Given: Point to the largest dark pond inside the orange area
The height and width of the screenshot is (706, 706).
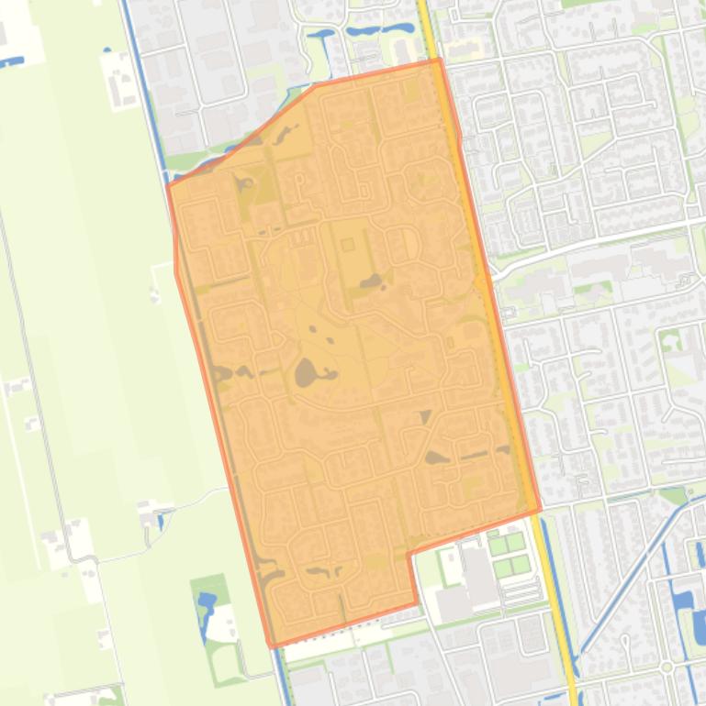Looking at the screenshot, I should (305, 371).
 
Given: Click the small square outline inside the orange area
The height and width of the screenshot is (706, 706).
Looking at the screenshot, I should (347, 244).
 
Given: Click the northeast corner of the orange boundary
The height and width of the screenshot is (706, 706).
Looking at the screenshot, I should (440, 61).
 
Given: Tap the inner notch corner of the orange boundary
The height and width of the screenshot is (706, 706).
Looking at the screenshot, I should (409, 554).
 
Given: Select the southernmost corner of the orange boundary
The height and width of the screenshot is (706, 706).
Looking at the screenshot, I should (271, 645).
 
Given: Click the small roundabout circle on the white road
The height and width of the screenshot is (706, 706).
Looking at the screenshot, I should (667, 667).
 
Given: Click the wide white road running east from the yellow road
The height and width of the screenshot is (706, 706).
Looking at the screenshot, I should (597, 241).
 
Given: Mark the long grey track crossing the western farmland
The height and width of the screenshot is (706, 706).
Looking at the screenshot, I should (37, 385).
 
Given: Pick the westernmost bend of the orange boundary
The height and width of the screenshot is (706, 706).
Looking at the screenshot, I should (168, 186).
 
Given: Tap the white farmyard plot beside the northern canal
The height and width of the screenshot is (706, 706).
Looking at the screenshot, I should (119, 77).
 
